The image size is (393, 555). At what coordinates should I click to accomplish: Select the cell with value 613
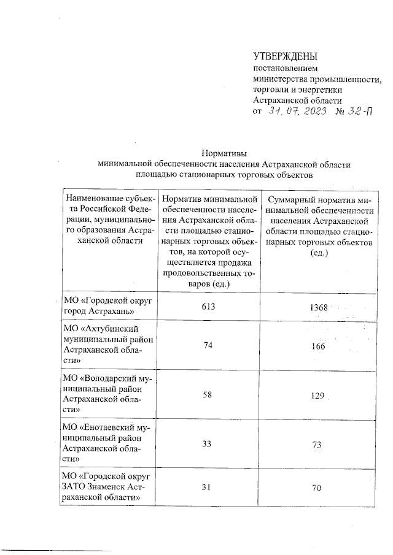208,307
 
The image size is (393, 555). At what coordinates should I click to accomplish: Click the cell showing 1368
317,307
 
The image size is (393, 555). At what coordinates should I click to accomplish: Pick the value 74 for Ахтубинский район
208,346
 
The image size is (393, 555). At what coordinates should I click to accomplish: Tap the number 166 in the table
317,346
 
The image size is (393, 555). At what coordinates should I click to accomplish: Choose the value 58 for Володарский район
208,394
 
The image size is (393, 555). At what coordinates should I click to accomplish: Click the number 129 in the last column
317,396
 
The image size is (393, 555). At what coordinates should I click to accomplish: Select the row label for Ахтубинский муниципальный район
108,346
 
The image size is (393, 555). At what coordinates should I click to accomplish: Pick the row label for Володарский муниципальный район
108,394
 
